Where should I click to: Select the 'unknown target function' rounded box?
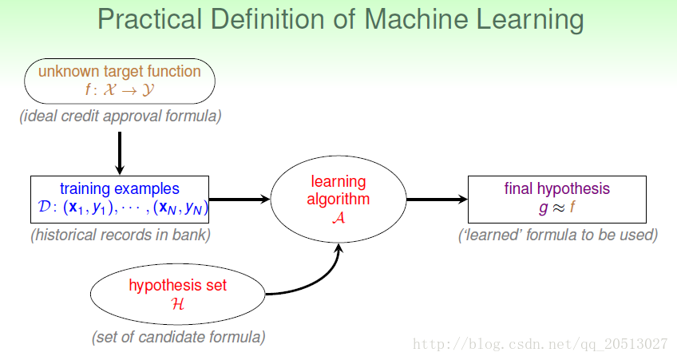coord(120,81)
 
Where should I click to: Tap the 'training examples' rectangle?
coord(120,199)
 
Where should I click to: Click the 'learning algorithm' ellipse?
coord(338,200)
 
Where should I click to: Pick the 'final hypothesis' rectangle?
coord(556,199)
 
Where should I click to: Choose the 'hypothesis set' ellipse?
coord(177,294)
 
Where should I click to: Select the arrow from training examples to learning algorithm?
coord(240,200)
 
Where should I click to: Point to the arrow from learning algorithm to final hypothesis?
coord(437,200)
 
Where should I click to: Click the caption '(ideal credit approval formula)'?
coord(121,117)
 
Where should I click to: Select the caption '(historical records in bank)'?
coord(121,235)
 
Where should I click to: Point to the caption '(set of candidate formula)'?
coord(178,337)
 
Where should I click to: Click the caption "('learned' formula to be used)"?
coord(557,235)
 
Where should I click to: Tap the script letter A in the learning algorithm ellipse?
coord(338,218)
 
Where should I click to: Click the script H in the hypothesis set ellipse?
coord(177,303)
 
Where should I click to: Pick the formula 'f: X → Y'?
coord(120,89)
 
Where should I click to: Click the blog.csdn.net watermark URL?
coord(538,344)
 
